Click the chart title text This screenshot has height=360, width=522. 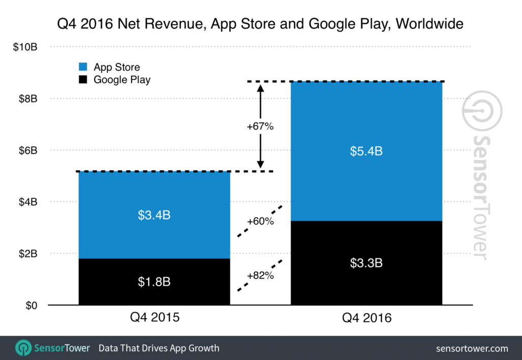coord(260,23)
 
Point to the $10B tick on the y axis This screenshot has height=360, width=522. coord(26,47)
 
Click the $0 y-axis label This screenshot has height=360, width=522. coord(32,305)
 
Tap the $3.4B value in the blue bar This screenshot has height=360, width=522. coord(154,215)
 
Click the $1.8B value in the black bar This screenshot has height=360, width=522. coord(154,282)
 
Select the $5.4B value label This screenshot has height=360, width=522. coord(366,151)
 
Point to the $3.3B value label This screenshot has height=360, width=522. coord(366,263)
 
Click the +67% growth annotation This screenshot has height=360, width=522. coord(260,126)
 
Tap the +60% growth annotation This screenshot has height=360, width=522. coord(260,221)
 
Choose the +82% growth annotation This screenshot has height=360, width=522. coord(260,276)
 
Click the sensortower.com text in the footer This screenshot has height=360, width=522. coord(472,349)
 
